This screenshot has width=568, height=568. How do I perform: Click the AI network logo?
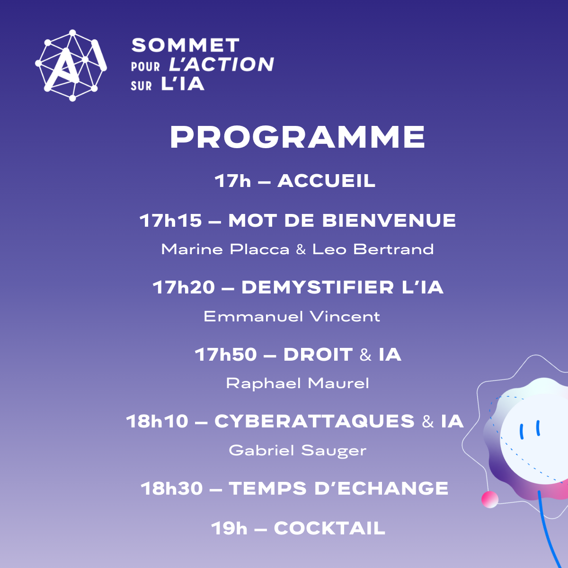71,65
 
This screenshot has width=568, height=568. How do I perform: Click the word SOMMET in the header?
186,45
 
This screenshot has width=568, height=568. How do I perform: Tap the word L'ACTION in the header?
222,64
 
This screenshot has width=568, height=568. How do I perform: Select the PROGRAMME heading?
297,137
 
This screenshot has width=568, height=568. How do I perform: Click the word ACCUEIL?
326,181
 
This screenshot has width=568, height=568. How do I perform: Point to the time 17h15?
171,221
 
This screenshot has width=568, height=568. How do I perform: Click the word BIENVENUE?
389,221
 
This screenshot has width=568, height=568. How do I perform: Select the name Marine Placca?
225,249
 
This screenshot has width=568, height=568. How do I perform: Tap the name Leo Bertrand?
373,249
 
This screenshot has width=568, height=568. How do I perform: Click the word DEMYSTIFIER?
318,287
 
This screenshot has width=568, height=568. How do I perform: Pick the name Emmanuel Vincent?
292,317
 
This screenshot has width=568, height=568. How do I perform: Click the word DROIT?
318,355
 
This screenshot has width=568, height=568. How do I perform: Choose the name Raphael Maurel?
297,383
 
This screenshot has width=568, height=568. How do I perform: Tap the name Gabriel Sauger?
297,451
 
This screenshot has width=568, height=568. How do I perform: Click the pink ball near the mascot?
489,499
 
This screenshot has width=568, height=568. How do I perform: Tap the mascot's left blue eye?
522,432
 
